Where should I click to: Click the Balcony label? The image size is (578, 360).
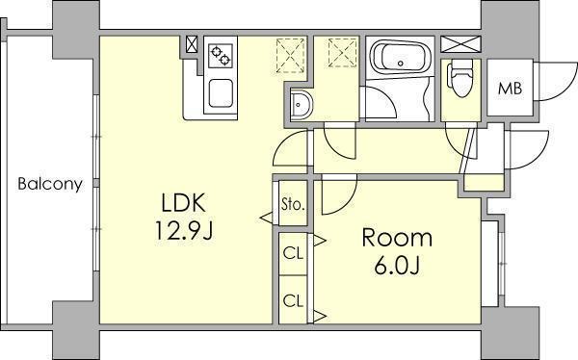(x=50, y=184)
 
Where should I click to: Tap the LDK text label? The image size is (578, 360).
(x=184, y=203)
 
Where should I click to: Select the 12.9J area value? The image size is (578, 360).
(x=184, y=231)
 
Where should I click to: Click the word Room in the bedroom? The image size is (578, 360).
(x=397, y=238)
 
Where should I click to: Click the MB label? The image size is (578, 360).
(x=511, y=89)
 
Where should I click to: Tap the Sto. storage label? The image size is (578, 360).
(x=293, y=204)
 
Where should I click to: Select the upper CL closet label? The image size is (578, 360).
(x=293, y=253)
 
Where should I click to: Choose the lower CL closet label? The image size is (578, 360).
(x=293, y=300)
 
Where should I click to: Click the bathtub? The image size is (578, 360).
(x=401, y=58)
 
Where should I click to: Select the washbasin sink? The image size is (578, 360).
(x=301, y=105)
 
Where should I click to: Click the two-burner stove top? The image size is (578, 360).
(x=221, y=56)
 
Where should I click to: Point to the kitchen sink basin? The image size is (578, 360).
(x=221, y=93)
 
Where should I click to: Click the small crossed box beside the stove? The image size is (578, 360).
(x=192, y=44)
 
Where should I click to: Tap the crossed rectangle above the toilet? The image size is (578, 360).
(x=460, y=44)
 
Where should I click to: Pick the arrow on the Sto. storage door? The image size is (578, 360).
(x=267, y=218)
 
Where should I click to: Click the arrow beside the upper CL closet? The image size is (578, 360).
(x=319, y=241)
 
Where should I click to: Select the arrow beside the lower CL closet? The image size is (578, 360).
(x=319, y=316)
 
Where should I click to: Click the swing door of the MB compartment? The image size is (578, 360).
(x=557, y=81)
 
